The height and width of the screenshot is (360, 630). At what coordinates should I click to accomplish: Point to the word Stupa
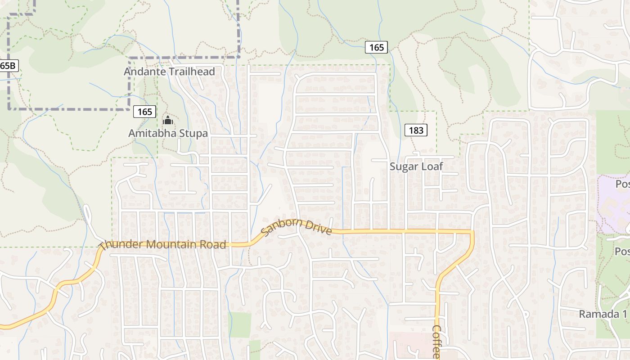pyautogui.click(x=193, y=134)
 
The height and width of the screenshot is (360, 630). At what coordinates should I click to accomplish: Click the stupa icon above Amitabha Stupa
pyautogui.click(x=168, y=120)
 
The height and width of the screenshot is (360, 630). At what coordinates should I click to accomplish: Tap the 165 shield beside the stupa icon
pyautogui.click(x=145, y=112)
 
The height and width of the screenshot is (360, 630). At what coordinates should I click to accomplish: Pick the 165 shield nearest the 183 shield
pyautogui.click(x=376, y=47)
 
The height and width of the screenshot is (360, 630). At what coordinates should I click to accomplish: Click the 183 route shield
pyautogui.click(x=416, y=130)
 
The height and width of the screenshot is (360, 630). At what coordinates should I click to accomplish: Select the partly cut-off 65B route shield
pyautogui.click(x=8, y=66)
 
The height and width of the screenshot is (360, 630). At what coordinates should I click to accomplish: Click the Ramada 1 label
pyautogui.click(x=602, y=314)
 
